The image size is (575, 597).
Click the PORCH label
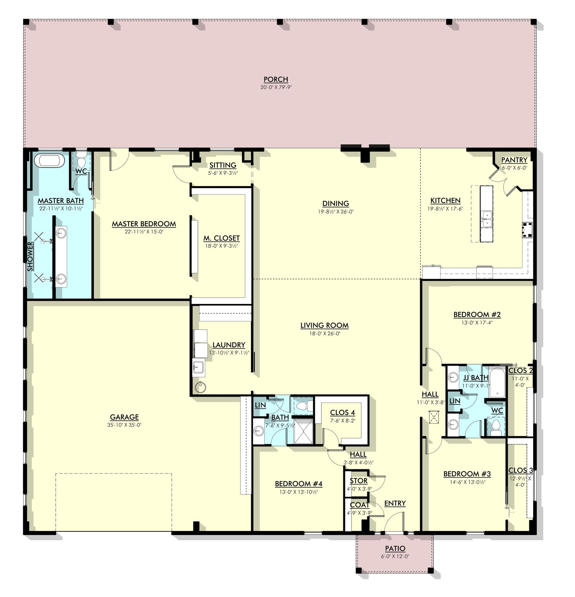276,80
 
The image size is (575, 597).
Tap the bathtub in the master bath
49,161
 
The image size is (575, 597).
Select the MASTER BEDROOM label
144,224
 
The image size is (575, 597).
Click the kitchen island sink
486,219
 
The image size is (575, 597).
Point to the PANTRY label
514,160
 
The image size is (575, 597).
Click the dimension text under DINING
336,212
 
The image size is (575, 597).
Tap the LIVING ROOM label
324,325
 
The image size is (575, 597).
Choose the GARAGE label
124,417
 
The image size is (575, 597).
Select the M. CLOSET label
222,238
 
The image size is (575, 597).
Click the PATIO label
395,548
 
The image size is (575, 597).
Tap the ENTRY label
395,503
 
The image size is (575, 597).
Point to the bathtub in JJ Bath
497,382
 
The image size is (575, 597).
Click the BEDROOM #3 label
467,474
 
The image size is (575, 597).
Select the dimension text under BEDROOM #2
477,323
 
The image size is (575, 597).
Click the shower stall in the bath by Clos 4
304,431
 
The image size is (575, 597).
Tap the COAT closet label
359,505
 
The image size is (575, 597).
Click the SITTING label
223,165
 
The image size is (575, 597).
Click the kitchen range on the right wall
528,229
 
